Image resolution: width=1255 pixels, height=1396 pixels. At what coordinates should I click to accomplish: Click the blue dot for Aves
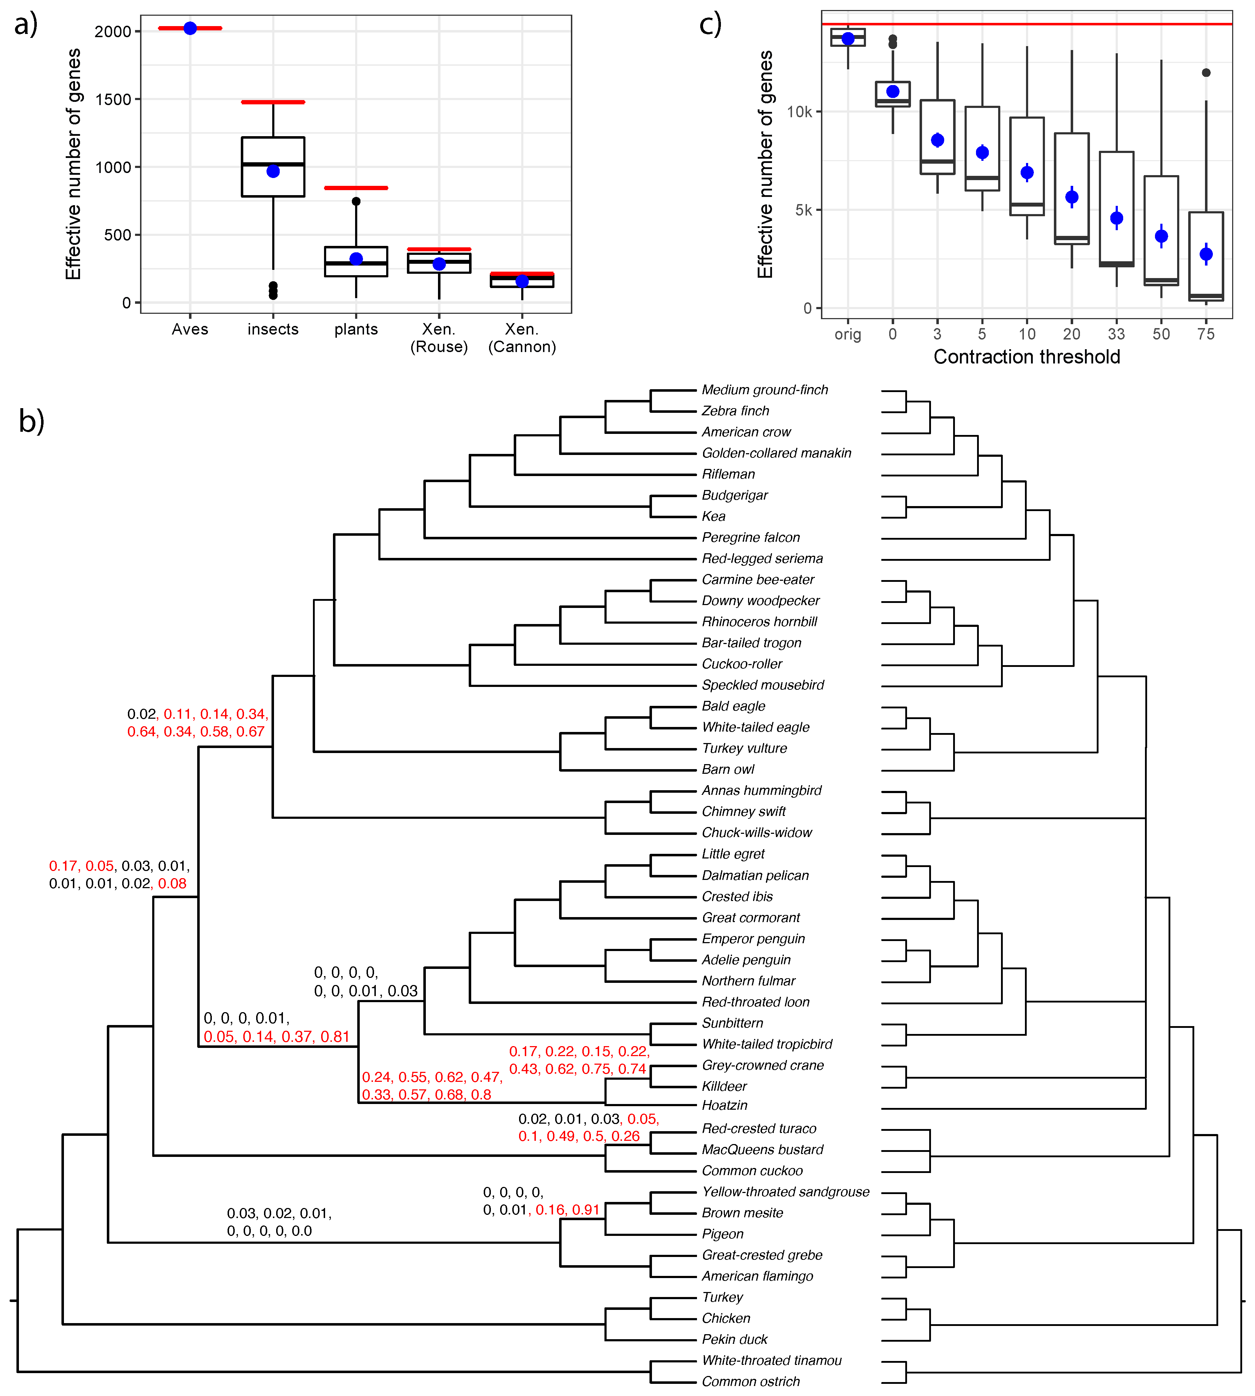(190, 28)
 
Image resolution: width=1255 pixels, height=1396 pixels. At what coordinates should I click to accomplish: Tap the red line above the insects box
(273, 102)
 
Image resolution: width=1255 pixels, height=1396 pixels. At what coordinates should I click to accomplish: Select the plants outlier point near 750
(356, 202)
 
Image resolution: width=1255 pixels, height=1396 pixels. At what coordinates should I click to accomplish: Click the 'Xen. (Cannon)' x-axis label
(522, 338)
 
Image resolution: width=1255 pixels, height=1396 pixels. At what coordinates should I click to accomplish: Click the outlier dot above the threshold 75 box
(1206, 73)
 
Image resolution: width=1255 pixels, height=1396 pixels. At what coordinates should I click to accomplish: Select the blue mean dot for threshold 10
(1027, 172)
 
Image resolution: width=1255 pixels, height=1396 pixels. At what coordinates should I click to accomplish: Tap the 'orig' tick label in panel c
(847, 335)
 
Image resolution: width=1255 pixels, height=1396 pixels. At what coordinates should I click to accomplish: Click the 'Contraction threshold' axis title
(1026, 357)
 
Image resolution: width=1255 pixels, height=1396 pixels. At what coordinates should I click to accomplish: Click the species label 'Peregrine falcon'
(750, 537)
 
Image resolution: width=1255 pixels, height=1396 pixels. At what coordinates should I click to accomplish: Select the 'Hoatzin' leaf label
(724, 1105)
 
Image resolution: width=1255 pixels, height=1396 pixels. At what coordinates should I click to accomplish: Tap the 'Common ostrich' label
(750, 1381)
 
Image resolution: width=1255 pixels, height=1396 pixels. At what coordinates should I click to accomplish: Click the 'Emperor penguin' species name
(753, 939)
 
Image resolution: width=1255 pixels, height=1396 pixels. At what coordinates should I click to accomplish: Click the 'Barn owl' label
(727, 769)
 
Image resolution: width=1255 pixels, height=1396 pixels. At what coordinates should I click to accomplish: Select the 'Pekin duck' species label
(734, 1340)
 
